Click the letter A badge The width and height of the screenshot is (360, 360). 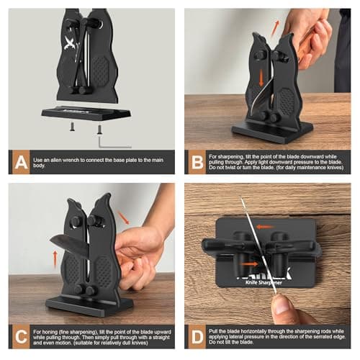(18, 162)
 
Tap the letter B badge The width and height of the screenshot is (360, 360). (195, 162)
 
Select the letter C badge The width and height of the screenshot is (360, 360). (18, 336)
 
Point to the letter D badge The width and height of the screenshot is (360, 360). (195, 336)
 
